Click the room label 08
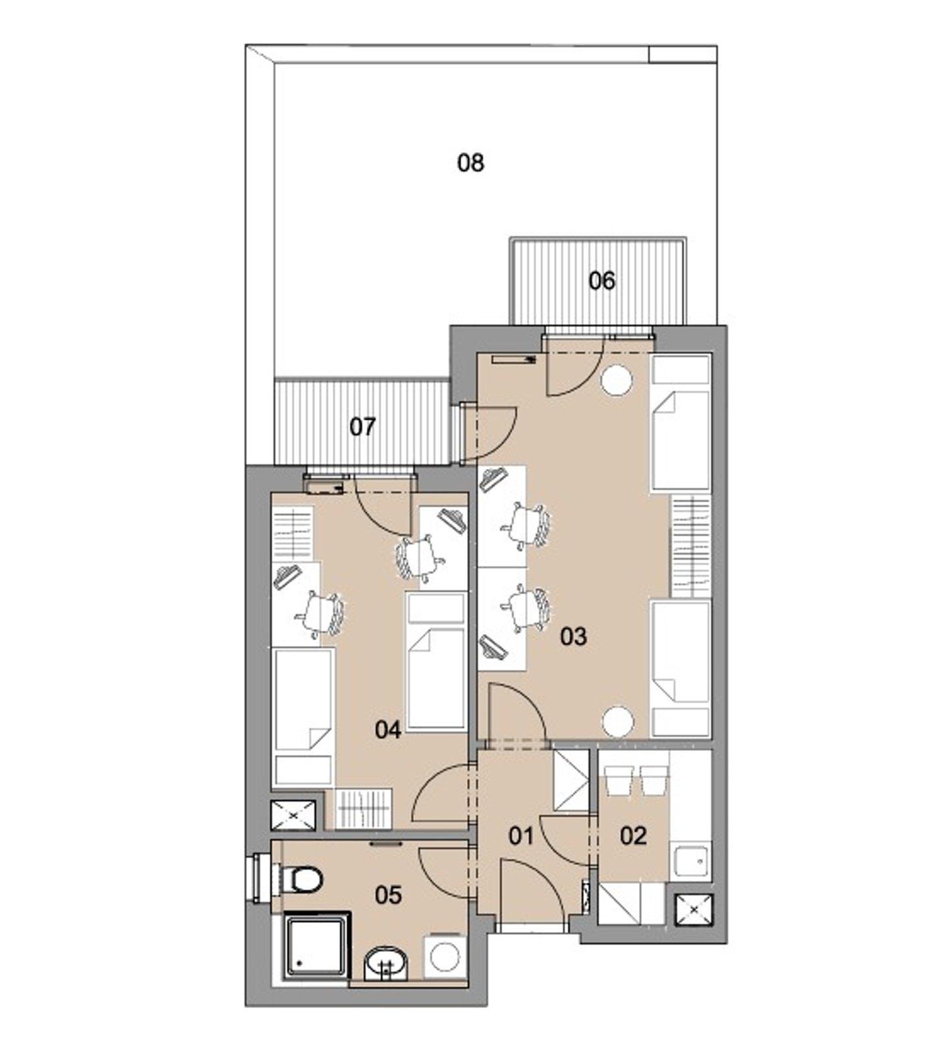point(470,162)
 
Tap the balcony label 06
point(601,281)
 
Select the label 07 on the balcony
point(362,427)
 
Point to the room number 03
point(573,636)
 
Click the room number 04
point(388,730)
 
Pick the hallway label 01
point(521,836)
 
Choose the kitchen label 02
point(633,836)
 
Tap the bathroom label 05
point(388,895)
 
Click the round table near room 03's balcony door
point(617,380)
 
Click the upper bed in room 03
point(681,422)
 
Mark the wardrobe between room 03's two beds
point(691,545)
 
